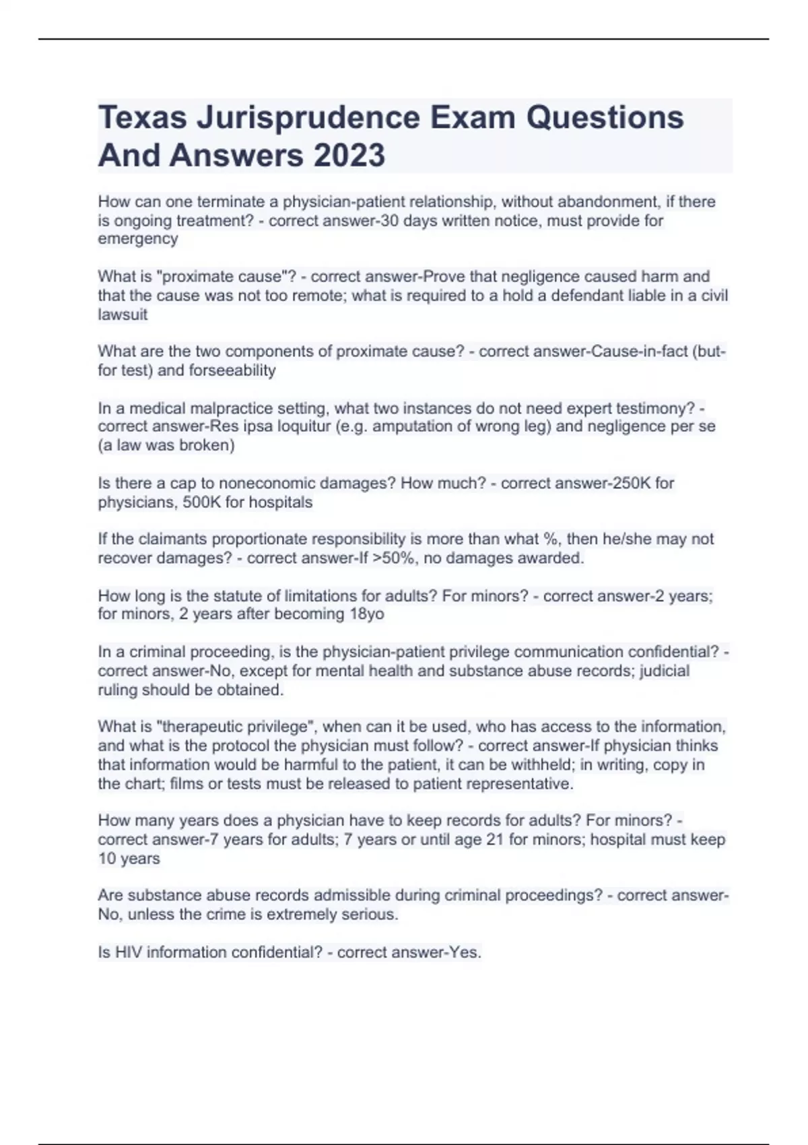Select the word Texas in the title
(142, 119)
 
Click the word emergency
(138, 239)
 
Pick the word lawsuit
(123, 315)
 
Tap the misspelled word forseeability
(232, 370)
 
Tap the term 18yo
(366, 614)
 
